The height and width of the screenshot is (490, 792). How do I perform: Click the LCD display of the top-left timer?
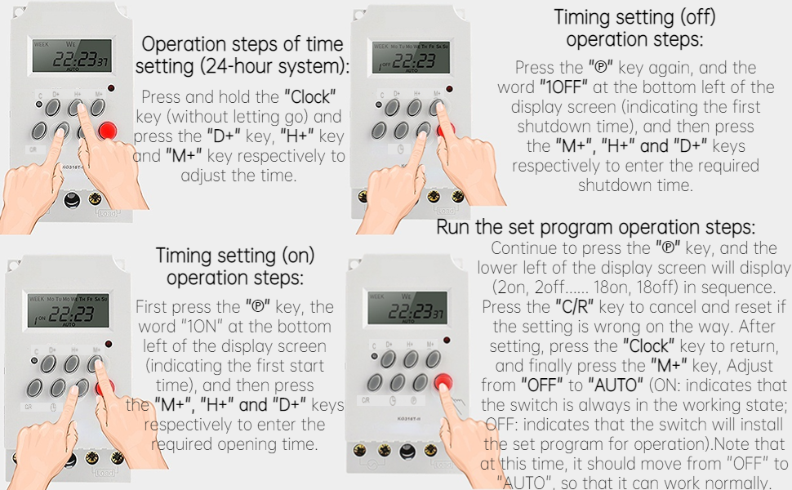coord(71,56)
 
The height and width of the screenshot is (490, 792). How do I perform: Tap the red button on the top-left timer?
coord(107,130)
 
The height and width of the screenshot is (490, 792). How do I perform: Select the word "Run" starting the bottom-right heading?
coord(454,227)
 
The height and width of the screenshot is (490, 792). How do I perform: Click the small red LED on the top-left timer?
coord(109,87)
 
